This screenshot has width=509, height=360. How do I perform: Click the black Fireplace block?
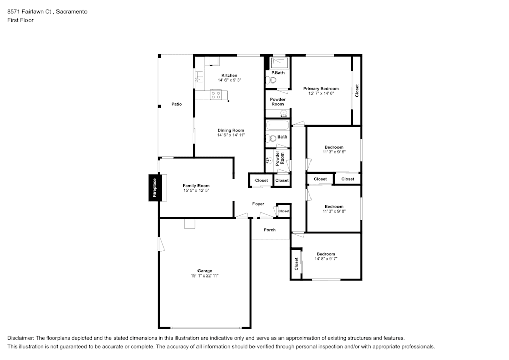[x=154, y=187]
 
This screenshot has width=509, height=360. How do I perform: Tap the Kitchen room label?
[x=230, y=76]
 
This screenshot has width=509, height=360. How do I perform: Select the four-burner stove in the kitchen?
[x=216, y=95]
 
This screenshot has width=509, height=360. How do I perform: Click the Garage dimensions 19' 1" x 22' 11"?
[x=205, y=275]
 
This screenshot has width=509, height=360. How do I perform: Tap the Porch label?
[x=269, y=230]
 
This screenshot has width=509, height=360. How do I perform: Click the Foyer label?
[x=258, y=204]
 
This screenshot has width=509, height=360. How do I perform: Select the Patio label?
[x=177, y=104]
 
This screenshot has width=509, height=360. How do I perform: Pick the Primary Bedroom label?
[x=321, y=88]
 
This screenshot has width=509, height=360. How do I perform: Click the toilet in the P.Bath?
[x=271, y=80]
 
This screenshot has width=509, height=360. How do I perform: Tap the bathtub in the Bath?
[x=277, y=126]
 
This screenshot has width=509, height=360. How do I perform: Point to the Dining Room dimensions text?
[x=231, y=135]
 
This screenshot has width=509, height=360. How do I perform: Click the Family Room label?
[x=196, y=186]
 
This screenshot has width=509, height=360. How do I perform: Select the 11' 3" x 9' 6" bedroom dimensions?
[x=334, y=152]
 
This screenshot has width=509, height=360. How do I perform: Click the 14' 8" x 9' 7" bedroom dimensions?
[x=326, y=259]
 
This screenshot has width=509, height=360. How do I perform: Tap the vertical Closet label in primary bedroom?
[x=357, y=91]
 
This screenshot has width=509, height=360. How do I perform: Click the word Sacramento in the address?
[x=71, y=12]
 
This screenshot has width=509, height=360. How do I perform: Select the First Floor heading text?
[x=20, y=20]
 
